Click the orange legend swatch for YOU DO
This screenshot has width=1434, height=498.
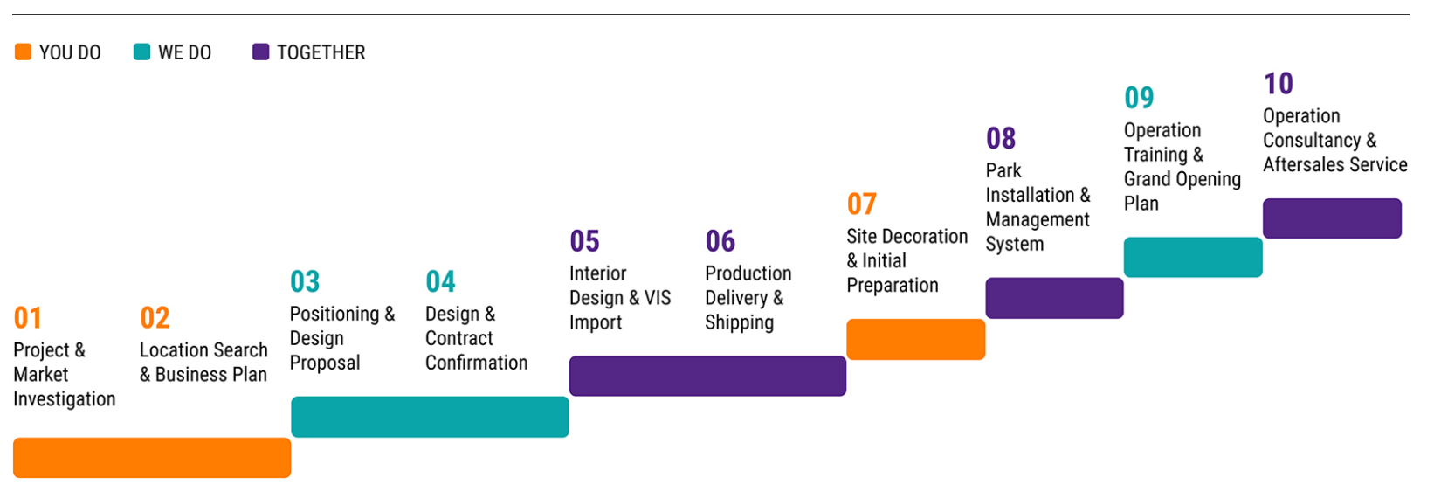click(23, 52)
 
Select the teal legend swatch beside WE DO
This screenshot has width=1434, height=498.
click(142, 52)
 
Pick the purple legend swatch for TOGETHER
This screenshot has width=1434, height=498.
click(260, 52)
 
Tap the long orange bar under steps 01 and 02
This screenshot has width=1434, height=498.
click(152, 458)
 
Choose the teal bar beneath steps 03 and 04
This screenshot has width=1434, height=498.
click(431, 417)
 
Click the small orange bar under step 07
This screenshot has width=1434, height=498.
click(915, 339)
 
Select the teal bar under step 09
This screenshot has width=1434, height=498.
click(1193, 258)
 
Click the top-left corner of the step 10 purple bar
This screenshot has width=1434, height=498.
click(1264, 199)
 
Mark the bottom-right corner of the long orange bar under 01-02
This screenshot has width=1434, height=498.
click(291, 478)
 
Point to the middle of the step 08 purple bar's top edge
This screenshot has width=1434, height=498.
click(1054, 278)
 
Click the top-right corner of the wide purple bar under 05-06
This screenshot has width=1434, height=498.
click(845, 356)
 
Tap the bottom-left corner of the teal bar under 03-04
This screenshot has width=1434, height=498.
click(292, 437)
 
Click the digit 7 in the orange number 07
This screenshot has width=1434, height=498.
click(869, 204)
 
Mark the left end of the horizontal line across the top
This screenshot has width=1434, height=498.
click(13, 14)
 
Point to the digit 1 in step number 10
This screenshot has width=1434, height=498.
click(1270, 84)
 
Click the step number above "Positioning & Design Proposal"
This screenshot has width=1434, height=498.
click(305, 281)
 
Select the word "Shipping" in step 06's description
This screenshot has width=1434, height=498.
click(740, 323)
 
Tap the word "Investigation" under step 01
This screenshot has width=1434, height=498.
click(65, 399)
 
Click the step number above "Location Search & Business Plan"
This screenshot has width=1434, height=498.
click(155, 318)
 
